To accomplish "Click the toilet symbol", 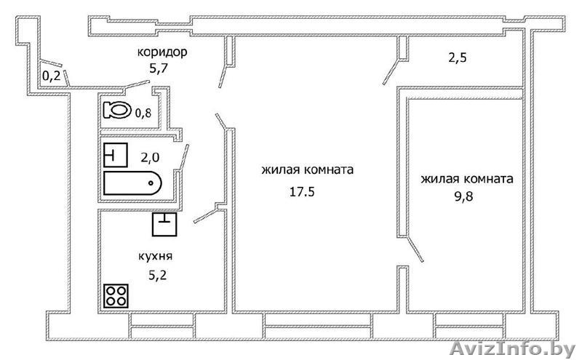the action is [117, 110].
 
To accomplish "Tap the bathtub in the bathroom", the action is [132, 183].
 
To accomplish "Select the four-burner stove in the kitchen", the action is [116, 296].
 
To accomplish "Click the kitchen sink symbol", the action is [164, 225].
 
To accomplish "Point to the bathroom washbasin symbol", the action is [116, 155].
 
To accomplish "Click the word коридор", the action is [162, 52].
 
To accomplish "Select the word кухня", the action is [155, 256].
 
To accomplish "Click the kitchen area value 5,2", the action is [157, 275].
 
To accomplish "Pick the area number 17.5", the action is [302, 192].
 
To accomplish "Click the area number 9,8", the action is [464, 196].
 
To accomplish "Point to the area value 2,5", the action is [458, 58].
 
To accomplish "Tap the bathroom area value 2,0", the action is [150, 158].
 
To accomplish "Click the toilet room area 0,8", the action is [143, 113].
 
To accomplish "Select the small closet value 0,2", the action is [51, 76].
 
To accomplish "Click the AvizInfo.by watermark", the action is [513, 349].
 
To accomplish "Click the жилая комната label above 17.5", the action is [307, 170].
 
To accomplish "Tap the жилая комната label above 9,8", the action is [467, 179].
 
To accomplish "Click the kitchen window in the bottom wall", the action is [163, 327].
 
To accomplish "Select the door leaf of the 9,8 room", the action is [415, 249].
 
